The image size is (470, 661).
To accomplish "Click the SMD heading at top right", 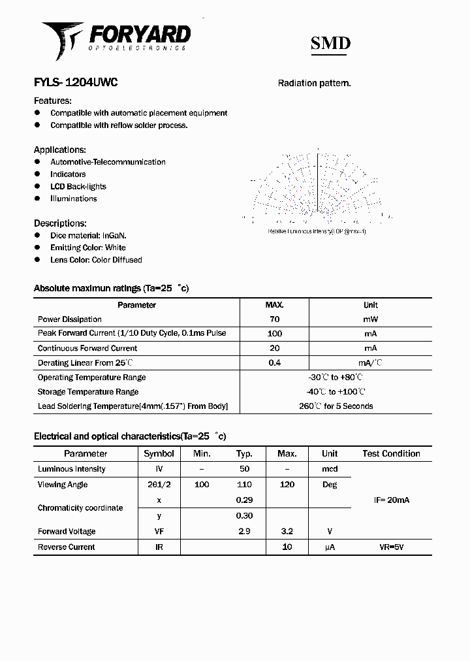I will click(330, 44).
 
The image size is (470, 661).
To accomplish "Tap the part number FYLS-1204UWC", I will click(76, 83).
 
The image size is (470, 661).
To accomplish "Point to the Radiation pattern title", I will click(314, 84).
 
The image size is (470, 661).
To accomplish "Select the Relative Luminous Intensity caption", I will click(317, 231).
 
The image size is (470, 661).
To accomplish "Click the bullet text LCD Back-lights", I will click(78, 187).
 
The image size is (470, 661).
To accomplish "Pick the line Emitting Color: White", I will click(87, 248).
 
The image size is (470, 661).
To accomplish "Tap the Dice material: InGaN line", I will click(88, 235).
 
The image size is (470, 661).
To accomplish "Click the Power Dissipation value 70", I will click(274, 319).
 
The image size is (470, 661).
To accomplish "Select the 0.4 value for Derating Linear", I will click(274, 363).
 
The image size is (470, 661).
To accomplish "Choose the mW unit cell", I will click(370, 319).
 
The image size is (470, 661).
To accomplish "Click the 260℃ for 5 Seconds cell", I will click(336, 406).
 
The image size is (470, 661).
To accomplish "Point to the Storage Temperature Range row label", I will click(88, 392).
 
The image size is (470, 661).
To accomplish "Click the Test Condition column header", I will click(391, 453).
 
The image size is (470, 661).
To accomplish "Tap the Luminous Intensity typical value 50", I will click(244, 469).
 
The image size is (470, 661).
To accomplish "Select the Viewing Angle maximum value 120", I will click(287, 485).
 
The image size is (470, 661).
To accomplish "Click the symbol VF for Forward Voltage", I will click(159, 532).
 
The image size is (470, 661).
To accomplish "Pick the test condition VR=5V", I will click(391, 547).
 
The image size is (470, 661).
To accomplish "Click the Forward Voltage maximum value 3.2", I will click(287, 532).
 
